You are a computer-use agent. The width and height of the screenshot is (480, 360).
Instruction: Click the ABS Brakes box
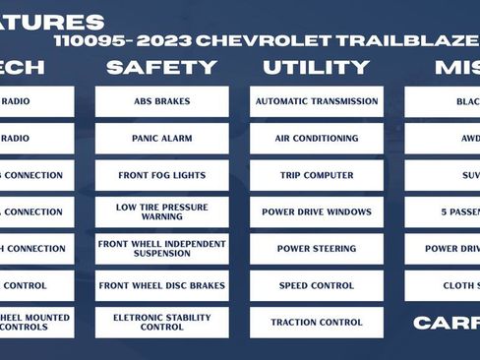tap(161, 101)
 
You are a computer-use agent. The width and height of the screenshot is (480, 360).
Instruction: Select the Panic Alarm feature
tap(161, 139)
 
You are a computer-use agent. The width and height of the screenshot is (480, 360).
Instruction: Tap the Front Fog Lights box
tap(161, 175)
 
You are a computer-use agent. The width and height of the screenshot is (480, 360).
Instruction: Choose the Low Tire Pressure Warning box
tap(161, 211)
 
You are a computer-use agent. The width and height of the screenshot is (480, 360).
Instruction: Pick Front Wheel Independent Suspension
tap(161, 248)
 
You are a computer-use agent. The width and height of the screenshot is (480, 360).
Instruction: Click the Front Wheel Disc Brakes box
tap(161, 285)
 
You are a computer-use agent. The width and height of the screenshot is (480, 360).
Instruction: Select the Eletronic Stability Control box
tap(161, 322)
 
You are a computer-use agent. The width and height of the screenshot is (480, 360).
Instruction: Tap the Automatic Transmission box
tap(316, 101)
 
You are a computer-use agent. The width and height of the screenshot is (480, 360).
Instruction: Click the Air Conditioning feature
tap(316, 139)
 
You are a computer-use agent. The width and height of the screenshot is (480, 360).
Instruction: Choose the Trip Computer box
tap(316, 175)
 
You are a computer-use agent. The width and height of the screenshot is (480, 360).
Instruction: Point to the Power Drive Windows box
tap(316, 211)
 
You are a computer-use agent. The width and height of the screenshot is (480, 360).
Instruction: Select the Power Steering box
tap(316, 248)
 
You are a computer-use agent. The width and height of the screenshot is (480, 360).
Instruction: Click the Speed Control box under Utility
tap(316, 285)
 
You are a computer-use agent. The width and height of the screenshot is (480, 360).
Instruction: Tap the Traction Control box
tap(316, 322)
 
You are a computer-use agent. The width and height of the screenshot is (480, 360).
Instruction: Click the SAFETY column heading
tap(161, 68)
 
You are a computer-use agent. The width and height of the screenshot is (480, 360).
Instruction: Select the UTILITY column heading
tap(317, 68)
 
